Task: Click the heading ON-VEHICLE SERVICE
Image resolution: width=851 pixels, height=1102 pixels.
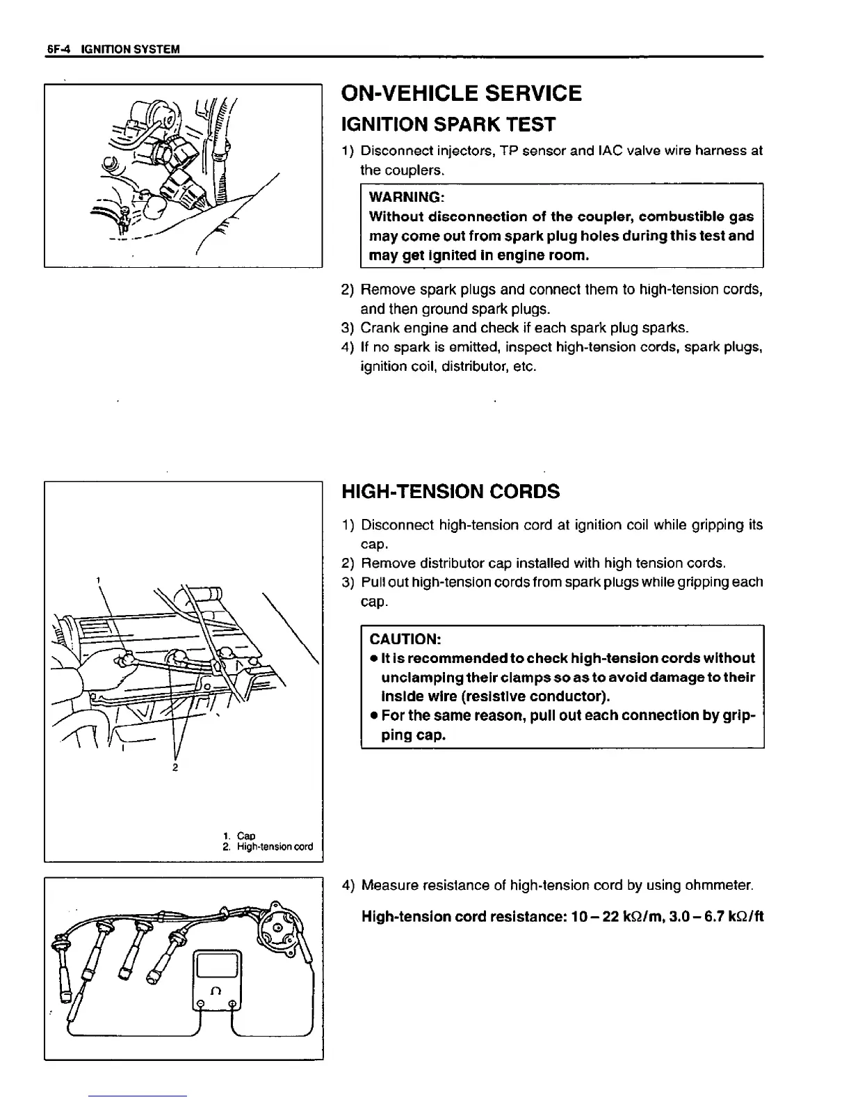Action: [x=461, y=93]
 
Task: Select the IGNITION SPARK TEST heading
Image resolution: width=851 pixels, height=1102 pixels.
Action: [x=448, y=125]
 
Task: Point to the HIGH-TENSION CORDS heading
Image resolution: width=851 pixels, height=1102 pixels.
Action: [x=451, y=492]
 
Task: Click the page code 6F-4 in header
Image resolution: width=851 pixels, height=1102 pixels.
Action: [x=60, y=49]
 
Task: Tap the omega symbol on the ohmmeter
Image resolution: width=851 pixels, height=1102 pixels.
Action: [x=216, y=991]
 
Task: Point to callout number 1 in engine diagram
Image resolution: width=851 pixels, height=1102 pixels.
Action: [x=99, y=579]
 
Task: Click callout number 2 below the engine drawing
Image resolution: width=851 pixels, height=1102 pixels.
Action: [x=175, y=767]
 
